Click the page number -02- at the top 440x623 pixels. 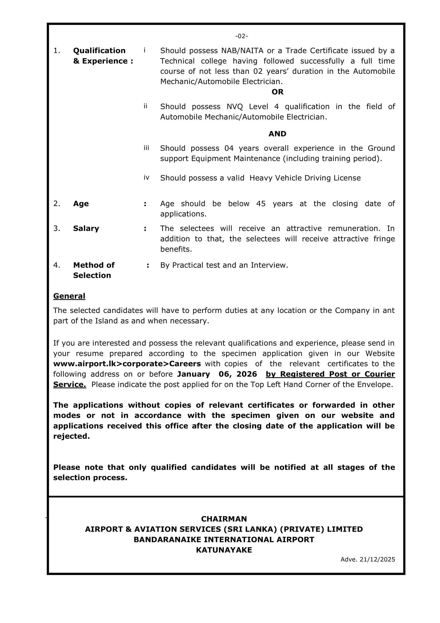(241, 36)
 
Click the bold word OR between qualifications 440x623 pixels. (277, 92)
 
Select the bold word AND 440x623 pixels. (277, 134)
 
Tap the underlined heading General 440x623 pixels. (69, 296)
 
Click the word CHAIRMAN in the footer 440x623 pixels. (224, 519)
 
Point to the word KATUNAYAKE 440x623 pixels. (224, 550)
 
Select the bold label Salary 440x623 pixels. (86, 229)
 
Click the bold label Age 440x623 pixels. (81, 204)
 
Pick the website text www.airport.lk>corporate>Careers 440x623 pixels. (127, 364)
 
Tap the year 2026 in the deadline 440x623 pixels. (247, 374)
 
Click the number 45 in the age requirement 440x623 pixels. (261, 204)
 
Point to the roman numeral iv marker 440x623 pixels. (146, 178)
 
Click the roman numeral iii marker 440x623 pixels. (146, 148)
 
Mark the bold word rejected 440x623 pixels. (71, 436)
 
